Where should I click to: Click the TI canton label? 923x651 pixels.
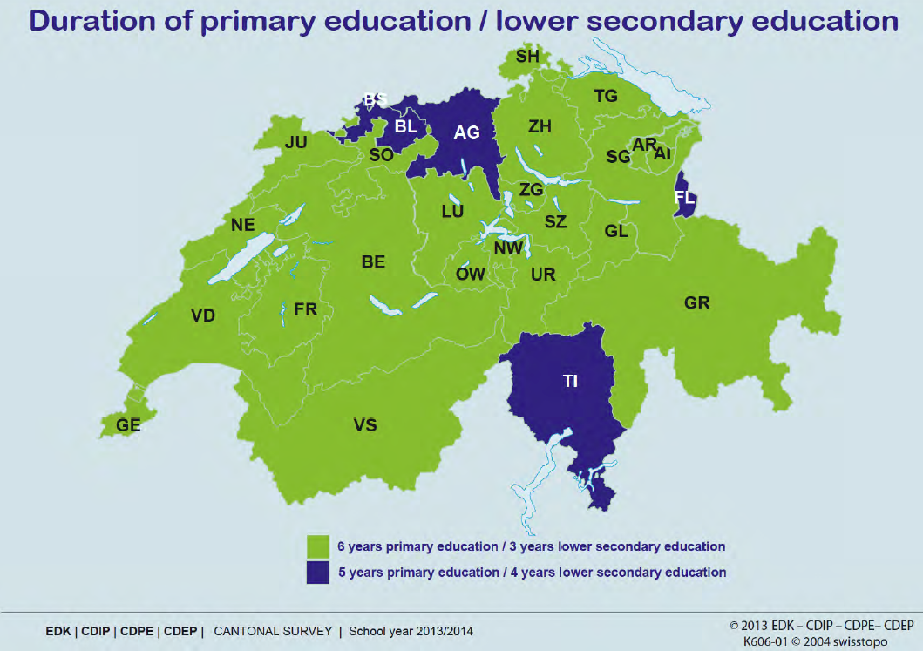[x=570, y=381]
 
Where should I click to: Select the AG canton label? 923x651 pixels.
[x=467, y=132]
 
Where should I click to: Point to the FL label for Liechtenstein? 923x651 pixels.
[x=685, y=197]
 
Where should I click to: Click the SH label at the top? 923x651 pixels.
[x=527, y=57]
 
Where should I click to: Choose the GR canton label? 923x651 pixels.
[x=697, y=303]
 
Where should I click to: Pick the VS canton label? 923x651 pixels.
[x=365, y=424]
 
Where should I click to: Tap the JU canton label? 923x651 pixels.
[x=295, y=141]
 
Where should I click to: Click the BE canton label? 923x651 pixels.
[x=373, y=261]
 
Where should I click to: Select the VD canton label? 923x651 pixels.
[x=203, y=315]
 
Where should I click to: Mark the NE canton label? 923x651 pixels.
[x=242, y=225]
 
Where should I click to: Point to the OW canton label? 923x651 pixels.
[x=471, y=275]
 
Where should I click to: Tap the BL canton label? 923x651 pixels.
[x=405, y=126]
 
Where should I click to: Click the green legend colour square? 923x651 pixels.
[x=316, y=546]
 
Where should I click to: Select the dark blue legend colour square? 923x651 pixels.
[x=316, y=573]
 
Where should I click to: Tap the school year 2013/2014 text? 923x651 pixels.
[x=412, y=630]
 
